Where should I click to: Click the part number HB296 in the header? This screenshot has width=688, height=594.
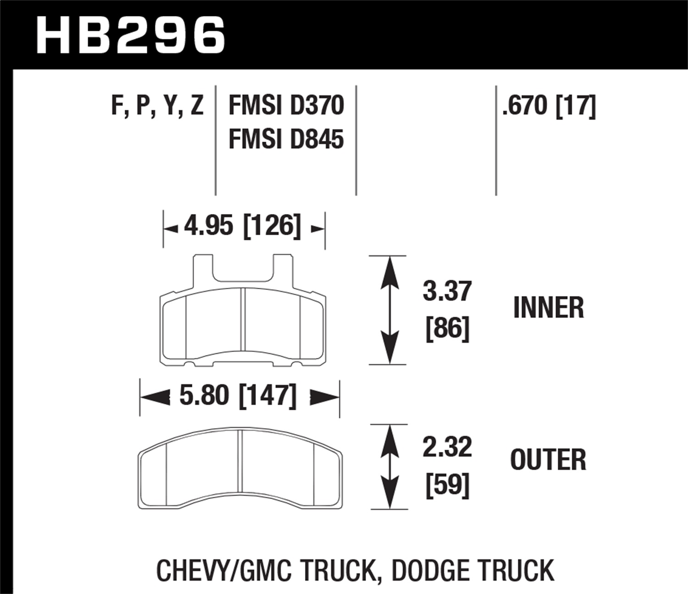point(131,34)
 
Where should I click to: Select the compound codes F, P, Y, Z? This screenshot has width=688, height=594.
point(157,106)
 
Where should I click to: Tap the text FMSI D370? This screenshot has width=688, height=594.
point(286,106)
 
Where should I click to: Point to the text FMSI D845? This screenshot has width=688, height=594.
point(286,139)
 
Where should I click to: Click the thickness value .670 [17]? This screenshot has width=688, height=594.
point(549,106)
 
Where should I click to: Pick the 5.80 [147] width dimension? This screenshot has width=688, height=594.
point(238,395)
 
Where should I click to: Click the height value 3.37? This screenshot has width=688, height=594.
point(447,291)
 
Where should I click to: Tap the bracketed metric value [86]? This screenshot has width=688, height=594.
point(447,328)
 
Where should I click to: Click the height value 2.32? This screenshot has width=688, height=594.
point(447,447)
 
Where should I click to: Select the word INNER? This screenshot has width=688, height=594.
point(548,308)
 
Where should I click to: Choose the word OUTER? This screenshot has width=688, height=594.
point(548,460)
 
